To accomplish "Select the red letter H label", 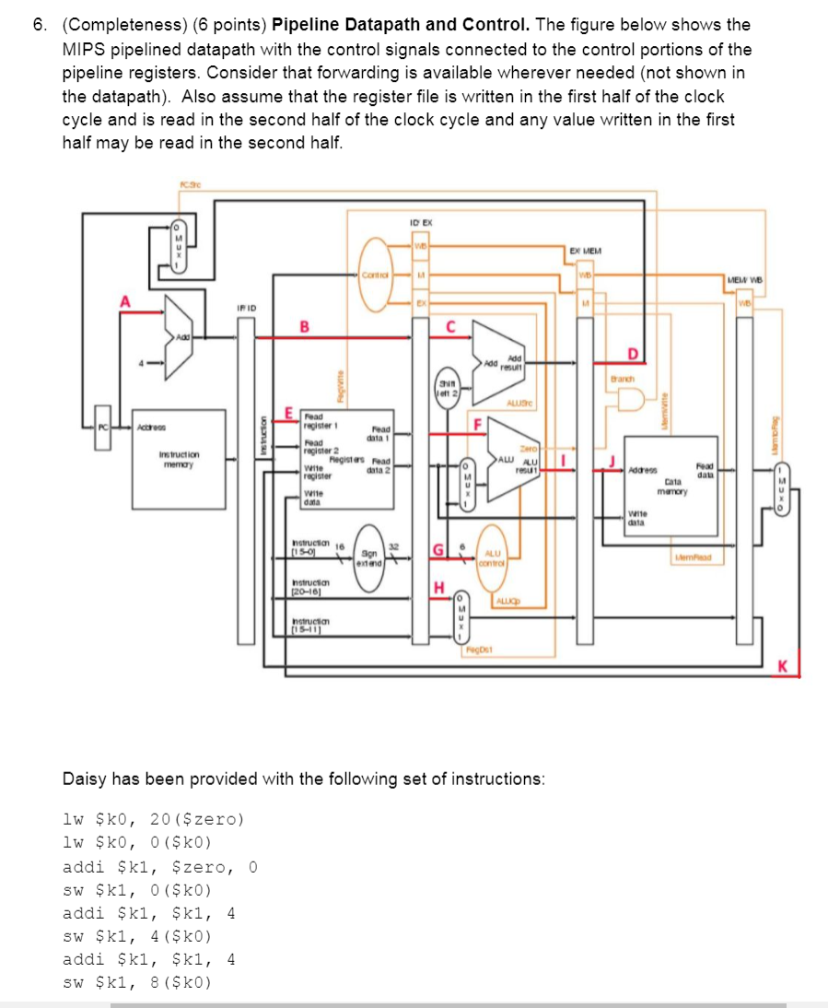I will click(x=439, y=587).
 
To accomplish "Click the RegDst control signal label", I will click(x=478, y=651).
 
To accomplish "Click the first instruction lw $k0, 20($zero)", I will click(x=153, y=818).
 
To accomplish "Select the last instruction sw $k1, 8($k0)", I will click(x=136, y=982).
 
